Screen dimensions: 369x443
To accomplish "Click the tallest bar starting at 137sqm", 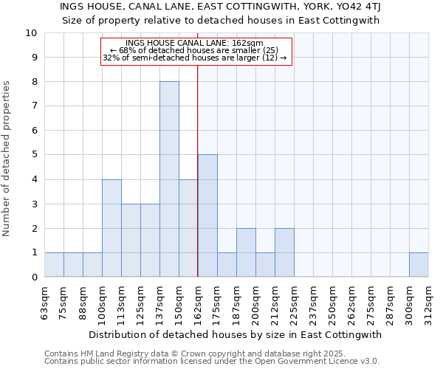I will (169, 179).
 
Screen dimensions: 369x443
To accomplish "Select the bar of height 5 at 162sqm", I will (207, 215).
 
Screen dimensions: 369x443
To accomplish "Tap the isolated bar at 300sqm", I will (419, 264).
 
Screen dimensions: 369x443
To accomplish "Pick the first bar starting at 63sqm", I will (54, 264).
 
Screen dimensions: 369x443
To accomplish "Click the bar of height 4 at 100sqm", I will (111, 228).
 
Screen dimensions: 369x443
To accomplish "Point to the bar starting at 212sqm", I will (284, 252).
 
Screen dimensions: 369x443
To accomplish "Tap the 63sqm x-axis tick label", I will (44, 301).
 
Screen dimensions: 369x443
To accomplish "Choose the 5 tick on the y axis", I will (34, 155).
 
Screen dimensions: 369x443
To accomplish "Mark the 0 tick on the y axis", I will (34, 277).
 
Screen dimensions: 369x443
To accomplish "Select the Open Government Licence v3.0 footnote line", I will (211, 362).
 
